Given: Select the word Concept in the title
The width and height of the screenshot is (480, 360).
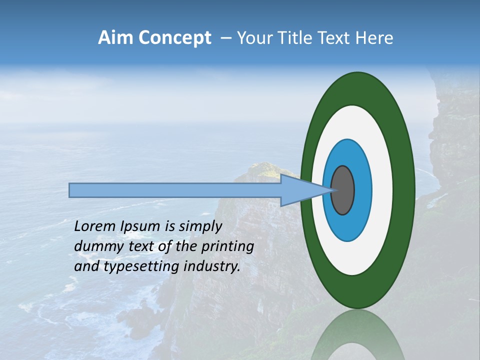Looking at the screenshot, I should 175,38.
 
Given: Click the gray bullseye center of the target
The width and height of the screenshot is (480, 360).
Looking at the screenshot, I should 343,190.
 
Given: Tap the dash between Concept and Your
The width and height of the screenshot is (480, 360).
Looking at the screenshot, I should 226,38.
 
